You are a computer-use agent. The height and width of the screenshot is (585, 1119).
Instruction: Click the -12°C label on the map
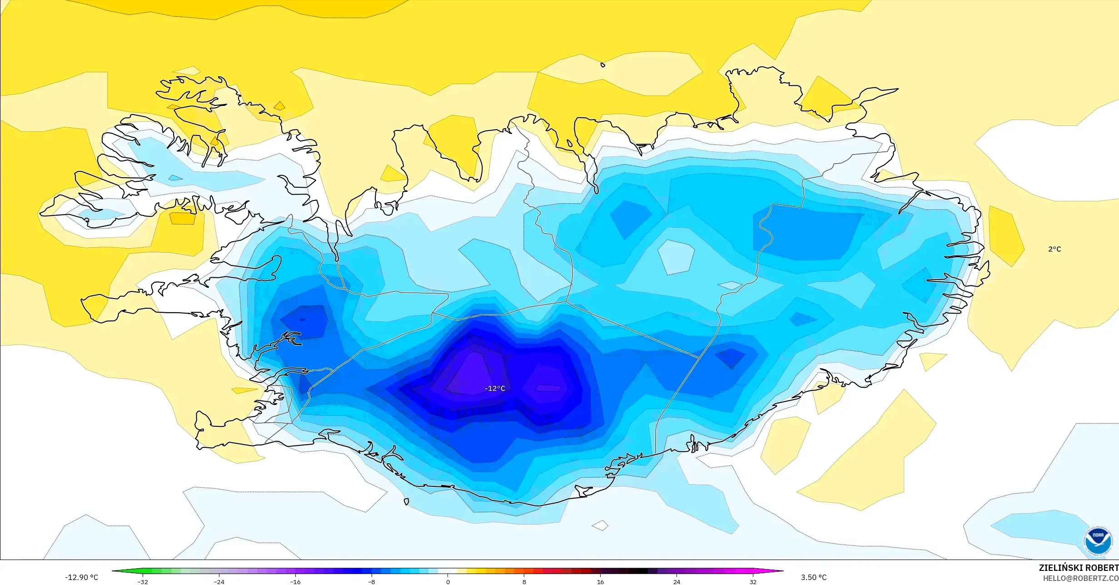coord(495,389)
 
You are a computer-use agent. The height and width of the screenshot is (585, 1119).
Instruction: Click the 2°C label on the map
coord(1054,249)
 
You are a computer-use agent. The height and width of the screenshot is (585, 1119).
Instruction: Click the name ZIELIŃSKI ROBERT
coord(1079,568)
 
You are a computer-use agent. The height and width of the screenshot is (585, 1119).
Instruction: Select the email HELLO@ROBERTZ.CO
coord(1080,578)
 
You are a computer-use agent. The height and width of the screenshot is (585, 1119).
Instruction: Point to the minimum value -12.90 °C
coord(81,577)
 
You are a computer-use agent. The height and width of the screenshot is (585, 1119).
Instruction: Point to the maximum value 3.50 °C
coord(814,577)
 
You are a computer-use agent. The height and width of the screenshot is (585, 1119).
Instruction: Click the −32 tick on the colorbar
coord(143,582)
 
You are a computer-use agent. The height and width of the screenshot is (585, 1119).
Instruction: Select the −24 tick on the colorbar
coord(219,582)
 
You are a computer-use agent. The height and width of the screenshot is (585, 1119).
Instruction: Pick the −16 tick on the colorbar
coord(295,582)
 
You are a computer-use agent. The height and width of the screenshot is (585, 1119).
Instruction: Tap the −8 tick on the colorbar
coord(372,582)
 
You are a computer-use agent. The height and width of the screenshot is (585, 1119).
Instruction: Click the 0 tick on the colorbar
coord(448,582)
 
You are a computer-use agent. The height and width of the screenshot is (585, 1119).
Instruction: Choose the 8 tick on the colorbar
coord(524,582)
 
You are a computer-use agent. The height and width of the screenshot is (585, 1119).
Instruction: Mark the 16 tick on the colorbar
coord(601,582)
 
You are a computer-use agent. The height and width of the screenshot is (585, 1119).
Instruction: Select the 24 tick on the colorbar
coord(677,582)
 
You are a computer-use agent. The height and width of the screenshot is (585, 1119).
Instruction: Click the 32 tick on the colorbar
coord(753,582)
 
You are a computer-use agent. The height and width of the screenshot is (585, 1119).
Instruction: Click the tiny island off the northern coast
coord(603,65)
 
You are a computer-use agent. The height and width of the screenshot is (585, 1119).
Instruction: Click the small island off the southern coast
coord(406,502)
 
